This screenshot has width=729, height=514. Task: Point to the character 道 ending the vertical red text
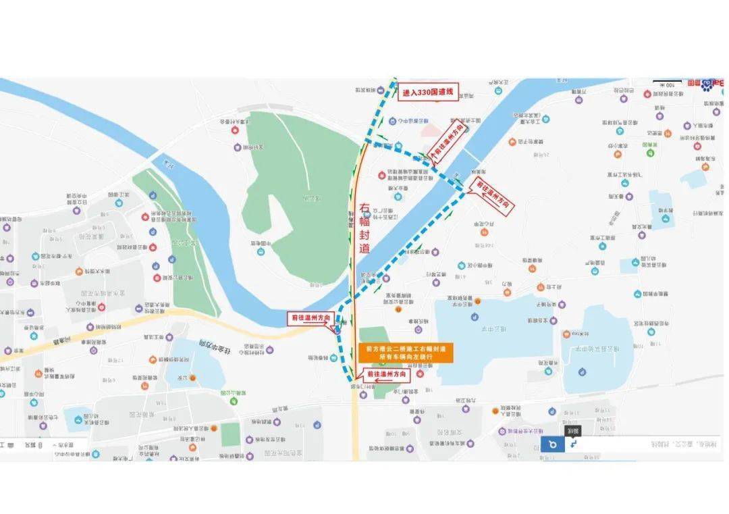tap(364, 248)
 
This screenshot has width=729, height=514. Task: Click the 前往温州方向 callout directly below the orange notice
tap(387, 374)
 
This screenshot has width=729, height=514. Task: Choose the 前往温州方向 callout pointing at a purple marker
tap(310, 317)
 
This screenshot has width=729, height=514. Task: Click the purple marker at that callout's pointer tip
tap(336, 330)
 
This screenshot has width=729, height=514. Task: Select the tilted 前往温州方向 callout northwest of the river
tap(449, 141)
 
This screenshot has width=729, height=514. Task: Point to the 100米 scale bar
tap(668, 84)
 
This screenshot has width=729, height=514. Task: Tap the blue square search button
tap(552, 444)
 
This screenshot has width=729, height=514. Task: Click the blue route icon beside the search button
tap(573, 444)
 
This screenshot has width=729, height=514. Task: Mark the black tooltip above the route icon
tap(572, 430)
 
